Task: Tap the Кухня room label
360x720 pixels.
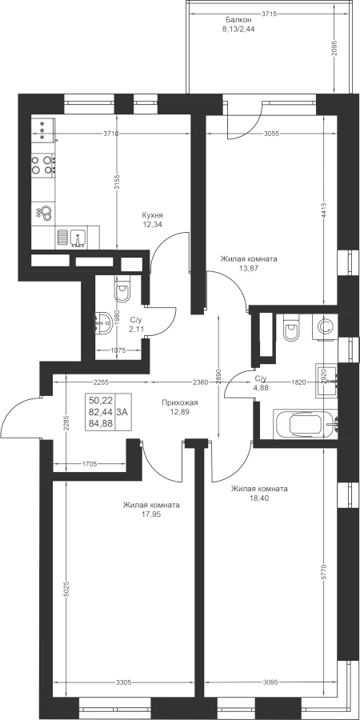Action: [x=153, y=215]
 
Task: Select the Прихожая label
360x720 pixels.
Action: [x=179, y=402]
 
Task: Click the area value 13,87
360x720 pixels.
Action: [x=249, y=269]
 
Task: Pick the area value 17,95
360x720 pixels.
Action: [x=151, y=514]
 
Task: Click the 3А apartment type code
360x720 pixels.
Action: [x=122, y=412]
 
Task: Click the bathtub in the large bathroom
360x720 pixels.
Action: [x=306, y=424]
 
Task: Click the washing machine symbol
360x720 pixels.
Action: [x=325, y=327]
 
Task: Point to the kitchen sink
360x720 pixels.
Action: [x=77, y=238]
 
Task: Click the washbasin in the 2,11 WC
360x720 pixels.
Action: [x=103, y=324]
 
